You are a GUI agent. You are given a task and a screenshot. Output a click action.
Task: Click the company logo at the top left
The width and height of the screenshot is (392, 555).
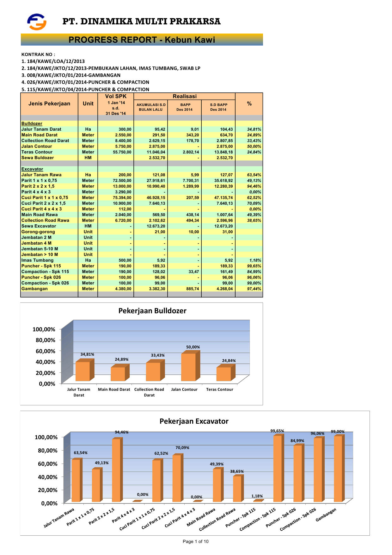click(x=37, y=22)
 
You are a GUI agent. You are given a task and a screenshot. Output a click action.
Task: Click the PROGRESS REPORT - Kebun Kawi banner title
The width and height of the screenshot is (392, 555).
click(x=142, y=40)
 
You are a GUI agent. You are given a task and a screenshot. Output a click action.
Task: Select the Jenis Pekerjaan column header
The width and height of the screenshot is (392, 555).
click(x=49, y=103)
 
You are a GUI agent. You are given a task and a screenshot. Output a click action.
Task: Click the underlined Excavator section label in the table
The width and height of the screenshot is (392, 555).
click(x=32, y=169)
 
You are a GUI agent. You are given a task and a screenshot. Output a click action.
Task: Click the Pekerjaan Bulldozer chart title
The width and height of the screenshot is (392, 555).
click(x=152, y=311)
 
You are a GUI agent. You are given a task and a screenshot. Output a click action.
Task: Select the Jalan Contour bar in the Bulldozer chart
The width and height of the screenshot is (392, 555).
click(x=188, y=367)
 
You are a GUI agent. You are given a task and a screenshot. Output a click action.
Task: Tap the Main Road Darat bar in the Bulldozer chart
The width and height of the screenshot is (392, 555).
click(x=118, y=374)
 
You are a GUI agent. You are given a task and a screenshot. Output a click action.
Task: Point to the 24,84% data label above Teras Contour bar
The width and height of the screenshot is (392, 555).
click(x=229, y=361)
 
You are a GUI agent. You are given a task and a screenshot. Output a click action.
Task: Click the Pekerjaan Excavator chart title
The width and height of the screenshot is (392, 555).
click(x=194, y=421)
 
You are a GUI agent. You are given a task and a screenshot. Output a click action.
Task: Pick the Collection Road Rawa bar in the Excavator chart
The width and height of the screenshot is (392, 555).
click(x=237, y=489)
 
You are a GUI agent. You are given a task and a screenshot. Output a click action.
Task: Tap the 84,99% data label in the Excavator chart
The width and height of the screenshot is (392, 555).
click(x=297, y=441)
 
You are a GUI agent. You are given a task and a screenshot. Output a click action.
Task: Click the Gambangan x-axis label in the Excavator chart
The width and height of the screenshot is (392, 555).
click(x=326, y=515)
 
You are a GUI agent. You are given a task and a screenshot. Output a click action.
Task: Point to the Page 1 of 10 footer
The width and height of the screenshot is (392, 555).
click(x=196, y=541)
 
